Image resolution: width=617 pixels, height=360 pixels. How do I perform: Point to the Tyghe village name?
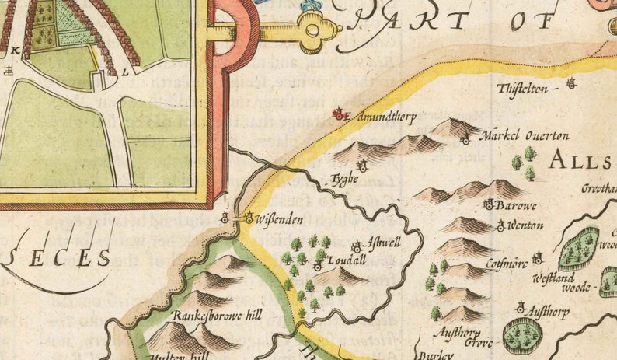click(343, 178)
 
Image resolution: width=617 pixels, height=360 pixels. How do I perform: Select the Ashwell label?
click(382, 243)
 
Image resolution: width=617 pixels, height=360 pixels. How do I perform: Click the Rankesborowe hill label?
click(218, 316)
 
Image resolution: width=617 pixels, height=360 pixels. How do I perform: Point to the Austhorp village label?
click(548, 312)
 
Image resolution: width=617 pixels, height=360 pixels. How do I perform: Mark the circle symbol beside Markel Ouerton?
click(465, 141)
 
